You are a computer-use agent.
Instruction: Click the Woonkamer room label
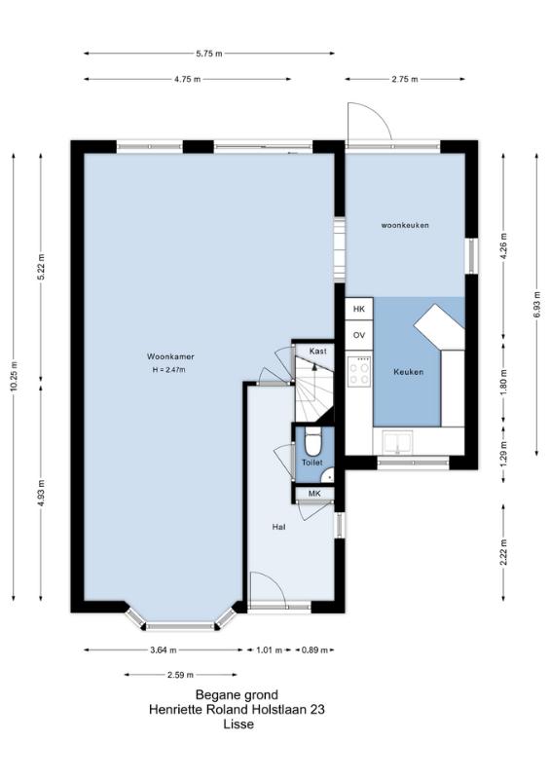tap(170, 356)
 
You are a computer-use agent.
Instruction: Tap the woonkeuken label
tap(405, 225)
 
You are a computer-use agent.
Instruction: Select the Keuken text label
tap(409, 372)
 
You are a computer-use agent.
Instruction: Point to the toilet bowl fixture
tap(313, 442)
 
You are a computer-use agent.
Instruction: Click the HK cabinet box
tap(359, 309)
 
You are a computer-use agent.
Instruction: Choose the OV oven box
tap(359, 335)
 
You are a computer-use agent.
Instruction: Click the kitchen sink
tap(397, 442)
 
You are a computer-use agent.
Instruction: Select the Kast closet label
tap(318, 352)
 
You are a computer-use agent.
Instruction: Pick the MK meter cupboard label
tap(314, 494)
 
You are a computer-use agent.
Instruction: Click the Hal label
tap(278, 527)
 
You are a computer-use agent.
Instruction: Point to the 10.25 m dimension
tap(14, 377)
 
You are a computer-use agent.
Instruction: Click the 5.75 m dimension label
tap(209, 54)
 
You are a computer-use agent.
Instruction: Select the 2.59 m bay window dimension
tap(180, 675)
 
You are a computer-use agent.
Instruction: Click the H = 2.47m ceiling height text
tap(169, 370)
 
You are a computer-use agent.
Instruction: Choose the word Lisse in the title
tap(238, 724)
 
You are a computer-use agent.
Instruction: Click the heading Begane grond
tap(237, 694)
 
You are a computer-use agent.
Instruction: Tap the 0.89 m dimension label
tap(314, 649)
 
